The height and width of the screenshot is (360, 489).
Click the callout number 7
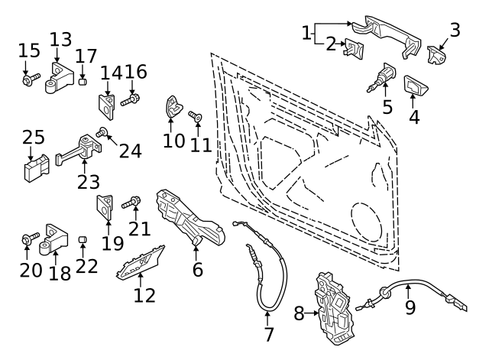(268, 334)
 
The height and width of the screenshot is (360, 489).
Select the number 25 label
(33, 138)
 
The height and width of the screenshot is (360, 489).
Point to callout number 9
(410, 308)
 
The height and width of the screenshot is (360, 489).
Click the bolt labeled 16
(133, 98)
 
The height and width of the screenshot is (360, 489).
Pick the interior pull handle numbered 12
(141, 264)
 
